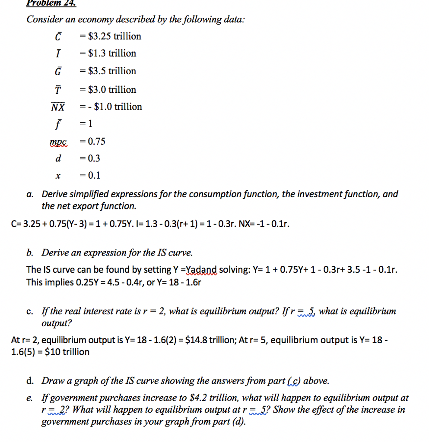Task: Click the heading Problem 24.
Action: coord(51,3)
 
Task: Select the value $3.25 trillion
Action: coord(114,36)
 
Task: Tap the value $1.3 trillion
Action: coord(112,54)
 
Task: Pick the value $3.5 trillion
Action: coord(112,71)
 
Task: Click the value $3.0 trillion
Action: coord(112,90)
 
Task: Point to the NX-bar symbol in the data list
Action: coord(58,107)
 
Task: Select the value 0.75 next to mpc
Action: coord(96,142)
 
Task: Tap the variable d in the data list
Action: coord(58,158)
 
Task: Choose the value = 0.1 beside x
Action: coord(90,175)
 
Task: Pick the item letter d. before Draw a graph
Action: coord(30,381)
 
